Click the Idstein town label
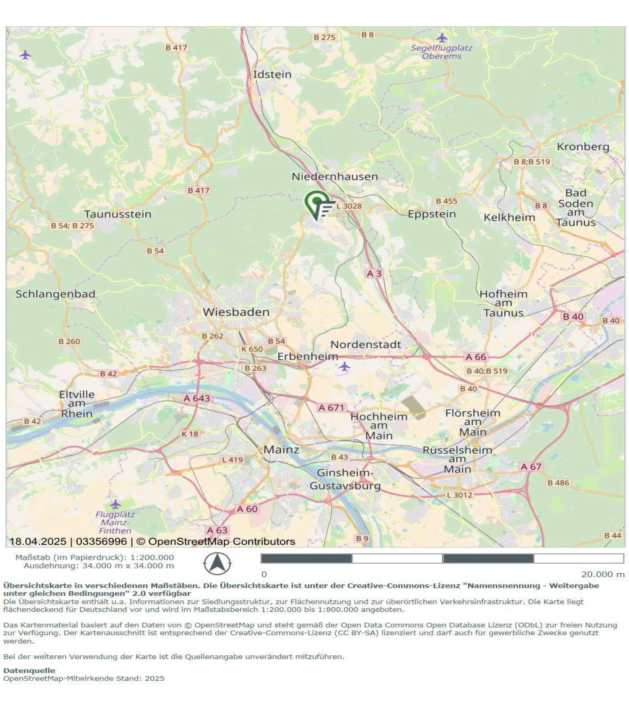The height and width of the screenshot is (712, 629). tap(272, 74)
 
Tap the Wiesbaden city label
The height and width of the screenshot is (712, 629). tap(236, 312)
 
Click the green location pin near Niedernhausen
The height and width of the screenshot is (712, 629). tap(317, 203)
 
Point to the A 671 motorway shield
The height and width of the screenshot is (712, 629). tap(331, 407)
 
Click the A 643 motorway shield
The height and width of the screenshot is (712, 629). tap(197, 398)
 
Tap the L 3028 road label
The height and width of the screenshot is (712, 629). tap(349, 206)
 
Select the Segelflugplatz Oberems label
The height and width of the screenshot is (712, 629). tap(441, 52)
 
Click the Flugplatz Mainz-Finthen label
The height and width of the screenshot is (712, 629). tap(115, 522)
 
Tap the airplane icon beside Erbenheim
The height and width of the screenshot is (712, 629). tap(345, 367)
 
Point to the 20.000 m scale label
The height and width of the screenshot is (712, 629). tap(603, 574)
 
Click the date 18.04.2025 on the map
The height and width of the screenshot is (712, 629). tap(37, 541)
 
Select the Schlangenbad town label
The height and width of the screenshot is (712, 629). tap(55, 294)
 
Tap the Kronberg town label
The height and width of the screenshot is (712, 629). tap(583, 147)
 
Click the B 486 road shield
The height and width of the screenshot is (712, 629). tap(558, 483)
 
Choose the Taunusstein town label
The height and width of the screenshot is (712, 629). tap(118, 214)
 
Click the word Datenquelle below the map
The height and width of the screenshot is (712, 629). tap(29, 670)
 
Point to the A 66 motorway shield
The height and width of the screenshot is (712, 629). tap(476, 357)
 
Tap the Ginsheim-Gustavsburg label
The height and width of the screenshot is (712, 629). tap(345, 479)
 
